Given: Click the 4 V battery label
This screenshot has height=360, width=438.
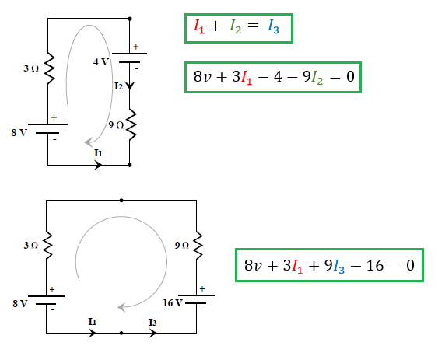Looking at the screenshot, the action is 100,61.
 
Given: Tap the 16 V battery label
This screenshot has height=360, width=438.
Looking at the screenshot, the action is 173,303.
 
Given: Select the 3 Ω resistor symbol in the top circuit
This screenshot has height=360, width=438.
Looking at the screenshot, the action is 49,68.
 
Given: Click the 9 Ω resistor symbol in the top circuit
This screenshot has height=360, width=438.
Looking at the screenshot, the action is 131,124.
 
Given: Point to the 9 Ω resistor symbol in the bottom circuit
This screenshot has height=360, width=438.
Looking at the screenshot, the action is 198,245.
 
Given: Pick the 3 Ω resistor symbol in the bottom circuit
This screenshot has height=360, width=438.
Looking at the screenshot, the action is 47,245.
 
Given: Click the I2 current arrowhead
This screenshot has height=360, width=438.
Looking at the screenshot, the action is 130,86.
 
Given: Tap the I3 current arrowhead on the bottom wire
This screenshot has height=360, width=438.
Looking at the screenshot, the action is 152,333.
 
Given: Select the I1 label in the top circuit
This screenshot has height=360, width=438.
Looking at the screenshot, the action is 98,153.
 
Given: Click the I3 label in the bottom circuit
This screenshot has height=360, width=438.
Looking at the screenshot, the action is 152,323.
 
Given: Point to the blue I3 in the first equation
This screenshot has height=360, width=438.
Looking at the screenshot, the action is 273,26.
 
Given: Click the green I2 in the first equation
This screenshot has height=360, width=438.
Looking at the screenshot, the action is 235,26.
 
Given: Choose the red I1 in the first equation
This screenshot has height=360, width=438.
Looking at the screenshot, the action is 199,26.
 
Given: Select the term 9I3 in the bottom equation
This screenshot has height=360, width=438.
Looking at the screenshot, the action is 335,266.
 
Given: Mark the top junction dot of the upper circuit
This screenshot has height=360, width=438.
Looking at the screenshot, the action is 130,19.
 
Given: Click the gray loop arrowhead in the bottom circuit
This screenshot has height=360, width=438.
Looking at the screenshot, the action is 121,307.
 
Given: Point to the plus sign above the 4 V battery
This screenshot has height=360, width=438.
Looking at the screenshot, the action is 136,47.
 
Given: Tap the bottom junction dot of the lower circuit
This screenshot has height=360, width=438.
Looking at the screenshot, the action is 121,333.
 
